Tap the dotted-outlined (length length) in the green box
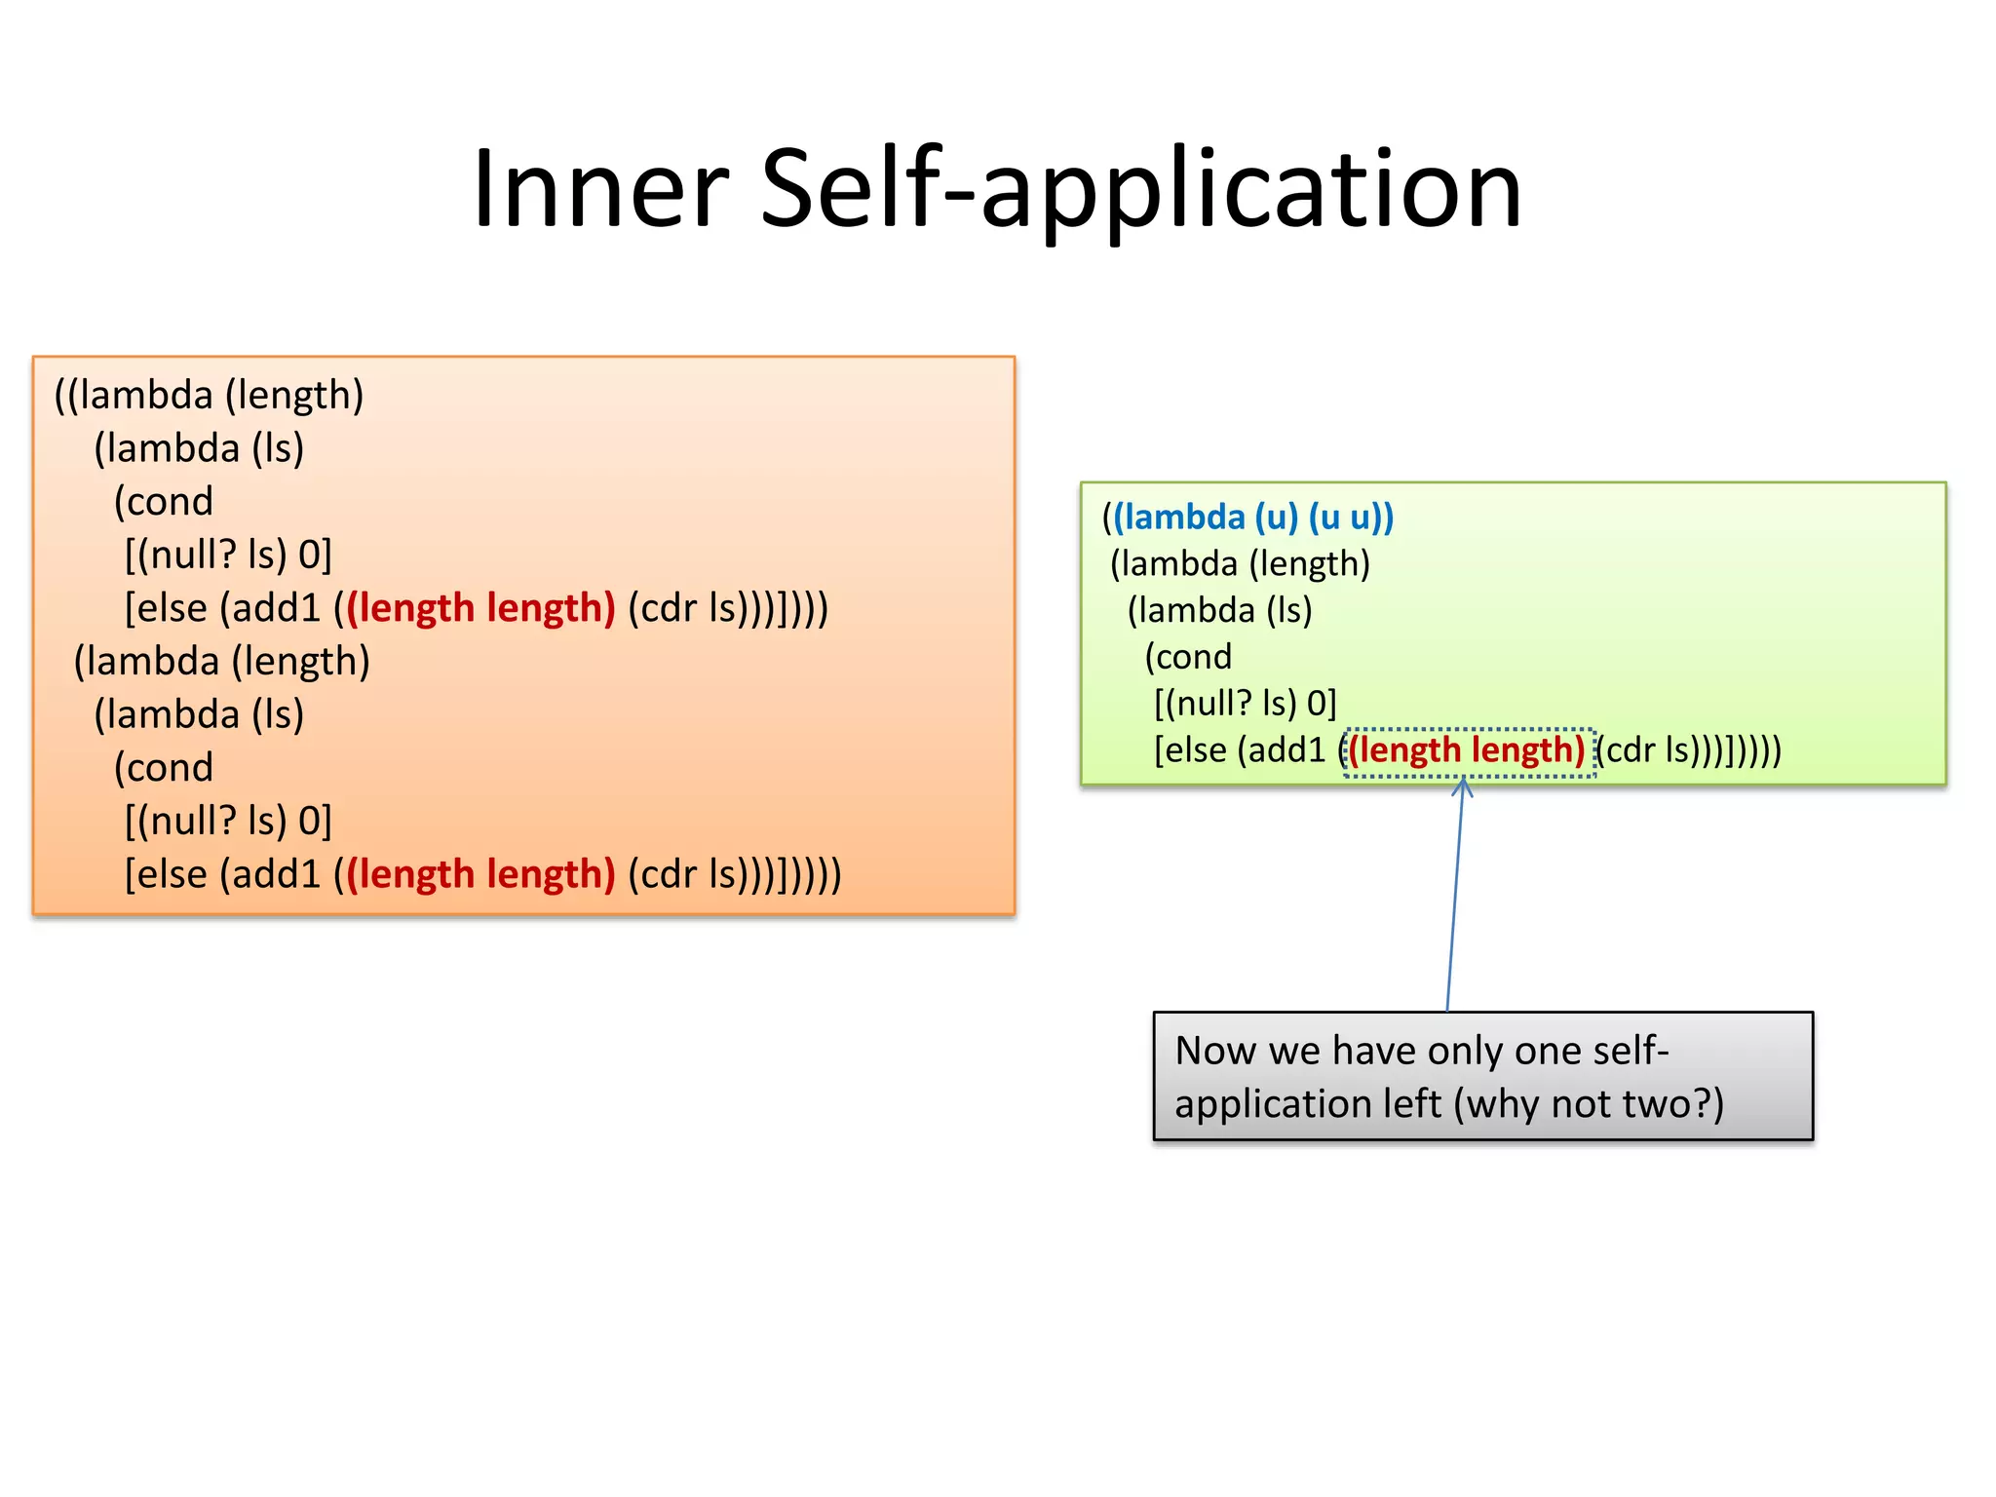[1468, 750]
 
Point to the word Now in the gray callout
[1215, 1052]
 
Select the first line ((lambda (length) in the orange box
[209, 396]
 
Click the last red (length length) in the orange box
[480, 874]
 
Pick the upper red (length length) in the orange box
[480, 608]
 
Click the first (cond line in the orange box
[164, 502]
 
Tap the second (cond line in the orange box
[164, 768]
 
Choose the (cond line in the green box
[1188, 657]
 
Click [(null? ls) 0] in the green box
[1245, 704]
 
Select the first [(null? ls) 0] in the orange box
[228, 556]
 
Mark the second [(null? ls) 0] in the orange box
[228, 822]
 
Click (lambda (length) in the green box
[1240, 564]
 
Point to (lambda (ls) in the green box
[1219, 611]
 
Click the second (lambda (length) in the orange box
[222, 662]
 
